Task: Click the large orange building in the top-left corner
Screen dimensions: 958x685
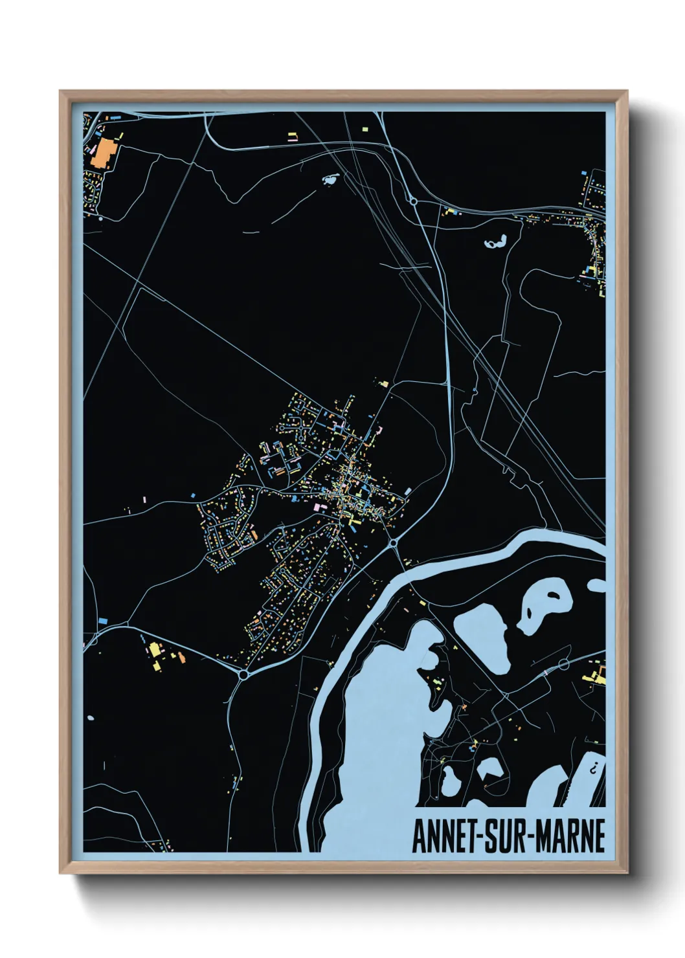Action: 102,155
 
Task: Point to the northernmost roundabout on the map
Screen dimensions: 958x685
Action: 413,202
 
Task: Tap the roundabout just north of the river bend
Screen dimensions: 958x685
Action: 393,542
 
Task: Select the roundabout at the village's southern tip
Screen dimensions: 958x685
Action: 243,674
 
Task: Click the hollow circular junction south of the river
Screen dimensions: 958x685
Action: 563,663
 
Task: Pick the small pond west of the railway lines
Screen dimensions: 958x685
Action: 330,179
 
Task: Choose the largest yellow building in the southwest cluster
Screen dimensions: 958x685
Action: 155,649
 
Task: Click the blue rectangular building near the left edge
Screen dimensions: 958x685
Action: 102,621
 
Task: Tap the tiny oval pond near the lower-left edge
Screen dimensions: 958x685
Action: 89,718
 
